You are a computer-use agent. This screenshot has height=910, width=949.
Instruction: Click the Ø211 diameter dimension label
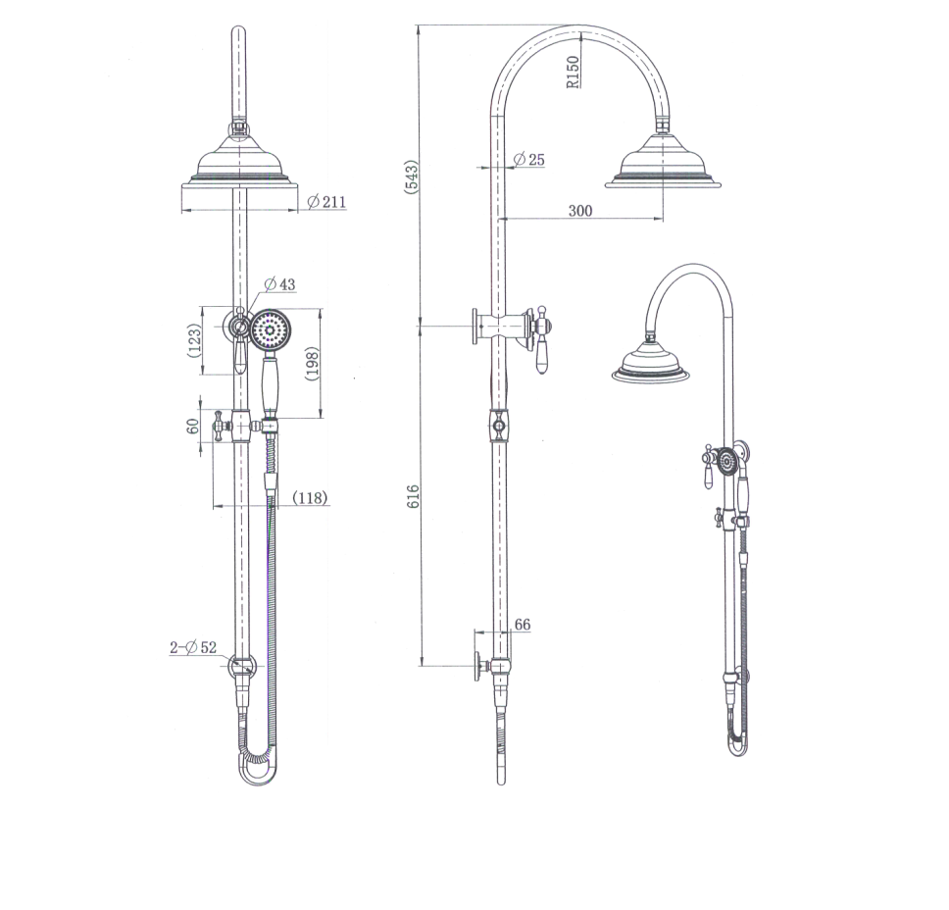pyautogui.click(x=326, y=202)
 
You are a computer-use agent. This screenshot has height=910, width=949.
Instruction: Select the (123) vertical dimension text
pyautogui.click(x=195, y=340)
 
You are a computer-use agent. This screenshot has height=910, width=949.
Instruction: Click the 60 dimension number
pyautogui.click(x=193, y=426)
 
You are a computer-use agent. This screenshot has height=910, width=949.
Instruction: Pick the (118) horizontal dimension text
pyautogui.click(x=310, y=498)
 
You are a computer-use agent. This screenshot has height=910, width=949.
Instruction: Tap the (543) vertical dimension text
pyautogui.click(x=412, y=177)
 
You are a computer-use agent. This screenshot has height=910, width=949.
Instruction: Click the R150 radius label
pyautogui.click(x=574, y=71)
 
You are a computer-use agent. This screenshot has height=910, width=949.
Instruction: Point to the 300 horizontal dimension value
pyautogui.click(x=580, y=210)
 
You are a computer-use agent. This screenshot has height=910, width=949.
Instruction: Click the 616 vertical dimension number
pyautogui.click(x=413, y=495)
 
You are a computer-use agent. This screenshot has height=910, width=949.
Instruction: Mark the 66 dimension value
pyautogui.click(x=522, y=625)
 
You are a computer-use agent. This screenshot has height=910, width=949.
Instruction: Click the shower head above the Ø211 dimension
pyautogui.click(x=239, y=165)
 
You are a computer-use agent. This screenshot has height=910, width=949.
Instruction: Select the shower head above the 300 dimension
pyautogui.click(x=663, y=162)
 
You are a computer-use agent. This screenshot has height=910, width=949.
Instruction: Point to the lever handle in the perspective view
pyautogui.click(x=707, y=475)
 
